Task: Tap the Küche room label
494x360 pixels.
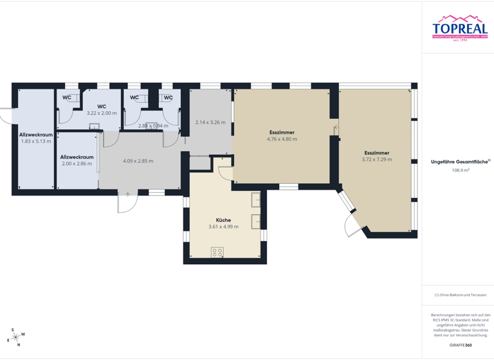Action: pos(223,220)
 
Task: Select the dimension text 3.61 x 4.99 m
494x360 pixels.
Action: pos(223,227)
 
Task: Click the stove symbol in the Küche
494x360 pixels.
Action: pos(217,251)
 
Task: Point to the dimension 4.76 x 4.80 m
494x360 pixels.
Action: pos(282,139)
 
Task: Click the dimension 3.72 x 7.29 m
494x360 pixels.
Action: pos(376,159)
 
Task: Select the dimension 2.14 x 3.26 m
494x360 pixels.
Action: pos(210,122)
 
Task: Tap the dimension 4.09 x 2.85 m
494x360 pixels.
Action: pos(138,161)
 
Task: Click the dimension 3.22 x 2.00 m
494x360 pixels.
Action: pos(102,113)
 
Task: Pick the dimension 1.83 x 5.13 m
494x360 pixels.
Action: pos(36,141)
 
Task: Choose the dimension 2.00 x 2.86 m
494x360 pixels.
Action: pos(77,164)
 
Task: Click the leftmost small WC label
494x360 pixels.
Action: pos(67,98)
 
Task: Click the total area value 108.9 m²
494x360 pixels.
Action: pos(461,170)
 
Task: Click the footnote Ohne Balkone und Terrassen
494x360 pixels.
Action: pos(461,295)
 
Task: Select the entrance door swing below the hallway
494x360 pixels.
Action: pos(127,203)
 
